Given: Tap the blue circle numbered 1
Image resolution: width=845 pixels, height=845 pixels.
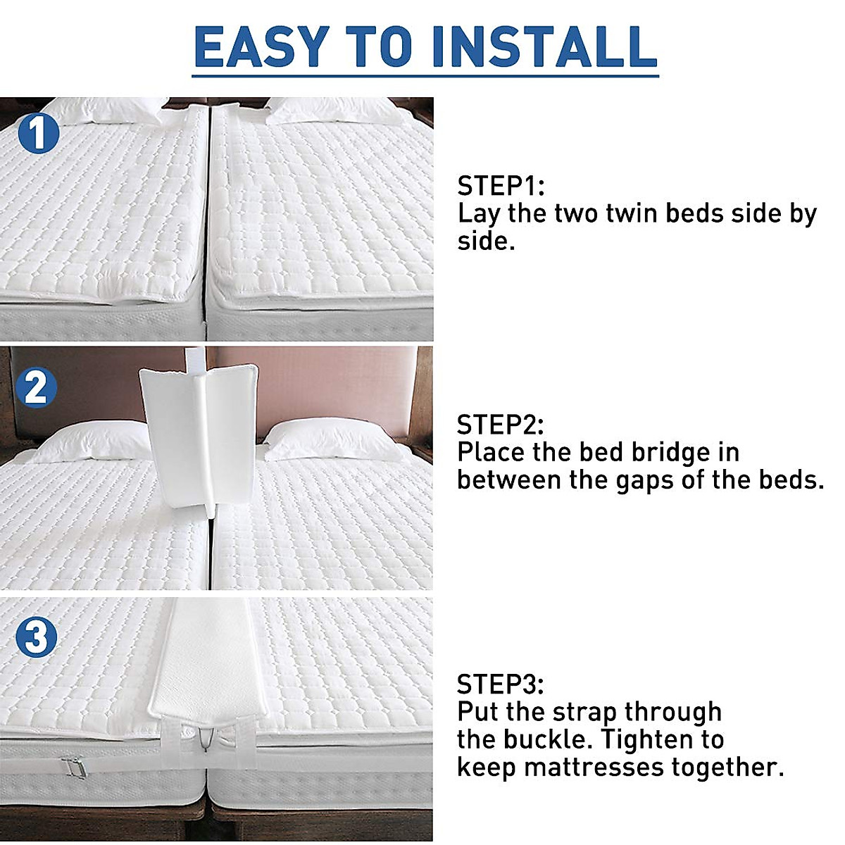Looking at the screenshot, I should tap(38, 133).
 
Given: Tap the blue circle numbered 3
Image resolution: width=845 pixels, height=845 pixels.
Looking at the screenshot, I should tap(36, 637).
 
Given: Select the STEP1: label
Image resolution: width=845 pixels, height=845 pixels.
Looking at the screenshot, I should tap(501, 186).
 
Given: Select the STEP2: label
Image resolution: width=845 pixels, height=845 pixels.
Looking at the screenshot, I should tap(500, 425).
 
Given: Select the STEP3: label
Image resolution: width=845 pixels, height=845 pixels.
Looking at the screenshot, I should tap(500, 684).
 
